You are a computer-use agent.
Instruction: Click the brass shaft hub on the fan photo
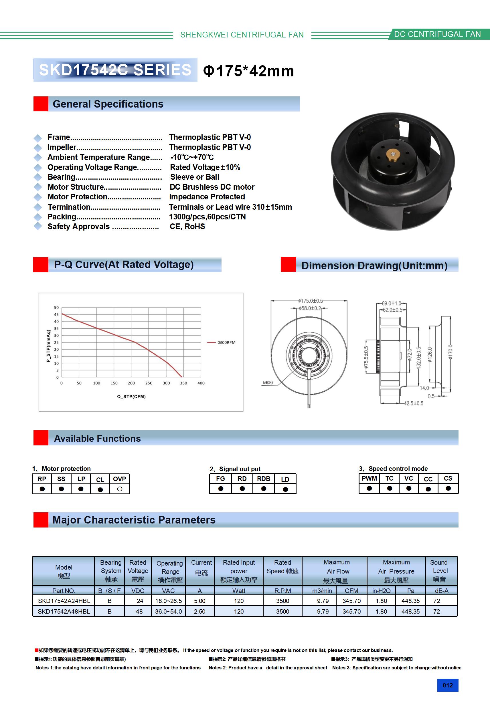tap(391, 153)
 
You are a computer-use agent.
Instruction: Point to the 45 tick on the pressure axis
tap(56, 315)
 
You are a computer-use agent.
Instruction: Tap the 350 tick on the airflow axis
tap(183, 383)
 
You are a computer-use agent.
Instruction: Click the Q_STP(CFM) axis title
tap(131, 396)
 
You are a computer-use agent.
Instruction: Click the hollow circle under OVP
tap(120, 489)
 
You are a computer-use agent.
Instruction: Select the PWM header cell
tap(369, 478)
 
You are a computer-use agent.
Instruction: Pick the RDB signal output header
tap(264, 479)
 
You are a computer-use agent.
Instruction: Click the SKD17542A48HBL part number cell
tap(64, 611)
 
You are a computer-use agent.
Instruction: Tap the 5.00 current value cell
tap(200, 601)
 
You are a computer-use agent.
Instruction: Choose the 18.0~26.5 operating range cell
tap(169, 601)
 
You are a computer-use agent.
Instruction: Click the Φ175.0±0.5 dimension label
tap(310, 301)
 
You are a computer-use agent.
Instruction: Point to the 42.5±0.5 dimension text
tap(414, 403)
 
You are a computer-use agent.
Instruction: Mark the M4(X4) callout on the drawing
tap(268, 383)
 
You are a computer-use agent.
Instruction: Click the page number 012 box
tap(448, 685)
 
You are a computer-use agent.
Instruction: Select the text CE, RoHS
tap(187, 227)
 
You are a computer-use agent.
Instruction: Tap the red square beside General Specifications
tap(41, 104)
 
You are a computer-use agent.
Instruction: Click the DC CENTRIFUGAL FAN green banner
tap(437, 34)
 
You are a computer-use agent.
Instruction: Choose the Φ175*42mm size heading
tap(248, 71)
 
